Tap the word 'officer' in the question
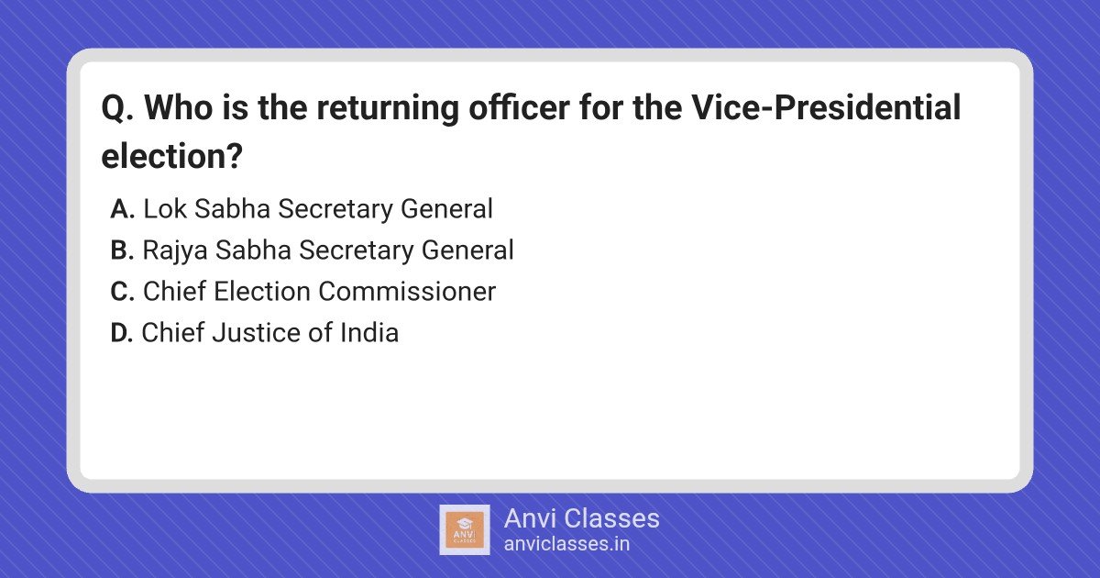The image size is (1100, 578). click(519, 107)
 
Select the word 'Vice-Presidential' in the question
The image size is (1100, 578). click(826, 107)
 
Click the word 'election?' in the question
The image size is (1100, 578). click(172, 156)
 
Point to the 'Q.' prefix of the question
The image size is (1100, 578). click(117, 108)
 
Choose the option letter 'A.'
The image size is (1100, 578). click(122, 209)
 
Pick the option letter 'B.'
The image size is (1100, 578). click(122, 250)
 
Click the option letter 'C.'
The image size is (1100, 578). click(122, 292)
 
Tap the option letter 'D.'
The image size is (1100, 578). click(122, 333)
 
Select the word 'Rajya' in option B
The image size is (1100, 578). click(175, 251)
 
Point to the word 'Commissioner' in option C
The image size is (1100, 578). click(407, 292)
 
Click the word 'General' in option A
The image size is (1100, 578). click(447, 208)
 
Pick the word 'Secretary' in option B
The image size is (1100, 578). click(357, 251)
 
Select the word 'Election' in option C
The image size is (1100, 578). click(262, 292)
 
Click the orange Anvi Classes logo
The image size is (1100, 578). click(465, 530)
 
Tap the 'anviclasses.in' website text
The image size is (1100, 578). click(566, 544)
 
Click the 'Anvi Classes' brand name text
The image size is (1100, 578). click(582, 518)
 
